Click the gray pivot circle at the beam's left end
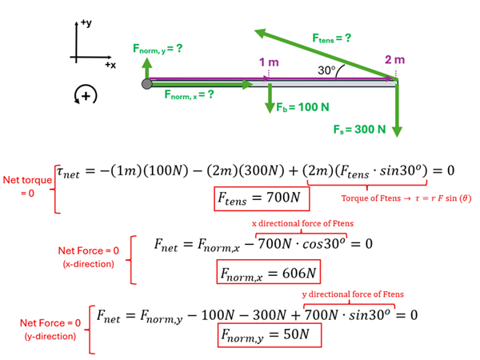click(x=146, y=83)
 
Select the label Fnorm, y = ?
click(x=158, y=50)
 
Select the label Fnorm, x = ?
click(x=189, y=94)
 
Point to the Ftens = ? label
click(x=332, y=38)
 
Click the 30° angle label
click(x=326, y=70)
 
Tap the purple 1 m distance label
click(x=270, y=62)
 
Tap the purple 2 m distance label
click(x=394, y=60)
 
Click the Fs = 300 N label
click(x=360, y=128)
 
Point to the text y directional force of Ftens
click(x=350, y=294)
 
